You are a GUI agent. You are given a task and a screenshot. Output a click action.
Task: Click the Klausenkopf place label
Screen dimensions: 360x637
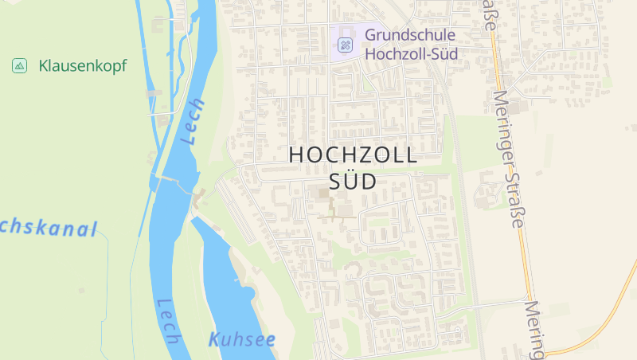pyautogui.click(x=82, y=65)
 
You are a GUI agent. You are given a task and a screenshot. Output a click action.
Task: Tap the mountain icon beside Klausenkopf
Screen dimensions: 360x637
pyautogui.click(x=20, y=65)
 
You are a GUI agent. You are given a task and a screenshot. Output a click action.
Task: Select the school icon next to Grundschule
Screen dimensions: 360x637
pyautogui.click(x=345, y=44)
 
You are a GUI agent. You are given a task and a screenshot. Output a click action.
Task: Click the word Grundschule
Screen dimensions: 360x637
pyautogui.click(x=409, y=35)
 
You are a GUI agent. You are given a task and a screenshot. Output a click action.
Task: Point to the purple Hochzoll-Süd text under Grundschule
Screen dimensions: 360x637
pyautogui.click(x=410, y=54)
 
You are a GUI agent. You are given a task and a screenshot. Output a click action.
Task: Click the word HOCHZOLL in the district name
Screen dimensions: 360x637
pyautogui.click(x=353, y=155)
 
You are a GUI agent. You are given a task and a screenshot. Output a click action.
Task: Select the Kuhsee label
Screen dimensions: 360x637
pyautogui.click(x=242, y=340)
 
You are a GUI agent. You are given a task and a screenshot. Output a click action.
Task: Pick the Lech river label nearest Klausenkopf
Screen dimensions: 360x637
pyautogui.click(x=193, y=121)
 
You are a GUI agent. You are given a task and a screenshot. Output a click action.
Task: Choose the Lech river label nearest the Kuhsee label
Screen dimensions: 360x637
pyautogui.click(x=168, y=321)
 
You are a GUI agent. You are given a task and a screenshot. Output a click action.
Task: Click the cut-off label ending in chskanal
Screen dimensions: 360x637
pyautogui.click(x=48, y=229)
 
